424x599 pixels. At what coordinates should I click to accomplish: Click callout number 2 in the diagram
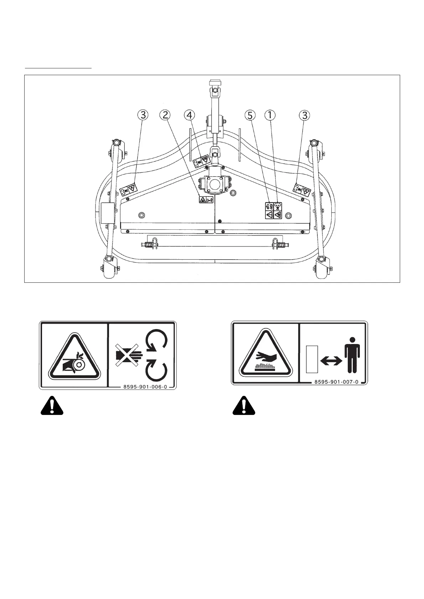coord(165,115)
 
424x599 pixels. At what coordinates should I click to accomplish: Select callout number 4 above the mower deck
coord(190,115)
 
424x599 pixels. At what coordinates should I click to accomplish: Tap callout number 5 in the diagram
coord(250,115)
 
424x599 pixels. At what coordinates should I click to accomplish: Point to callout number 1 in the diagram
coord(270,115)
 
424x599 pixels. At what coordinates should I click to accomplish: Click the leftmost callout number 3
coord(143,115)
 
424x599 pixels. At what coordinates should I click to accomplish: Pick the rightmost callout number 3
coord(304,115)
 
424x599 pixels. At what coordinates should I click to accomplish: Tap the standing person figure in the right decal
coord(352,355)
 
